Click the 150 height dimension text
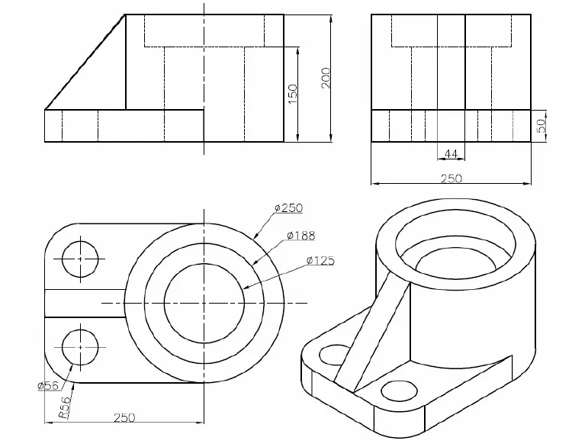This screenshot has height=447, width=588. pyautogui.click(x=292, y=93)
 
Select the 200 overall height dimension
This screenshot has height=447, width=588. pyautogui.click(x=326, y=78)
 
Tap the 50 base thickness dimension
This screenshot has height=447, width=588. pyautogui.click(x=542, y=126)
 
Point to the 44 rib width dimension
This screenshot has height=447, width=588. pyautogui.click(x=451, y=154)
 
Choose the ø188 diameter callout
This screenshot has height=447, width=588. pyautogui.click(x=301, y=235)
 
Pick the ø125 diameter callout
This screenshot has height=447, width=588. pyautogui.click(x=320, y=261)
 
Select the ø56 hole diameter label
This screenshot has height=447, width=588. pyautogui.click(x=48, y=385)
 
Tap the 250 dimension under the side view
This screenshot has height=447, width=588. pyautogui.click(x=451, y=178)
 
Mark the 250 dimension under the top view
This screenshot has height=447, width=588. pyautogui.click(x=124, y=417)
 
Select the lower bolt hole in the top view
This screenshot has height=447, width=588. pyautogui.click(x=80, y=347)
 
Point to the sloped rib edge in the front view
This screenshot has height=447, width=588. pyautogui.click(x=84, y=63)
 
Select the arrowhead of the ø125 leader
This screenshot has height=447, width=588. pyautogui.click(x=246, y=288)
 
